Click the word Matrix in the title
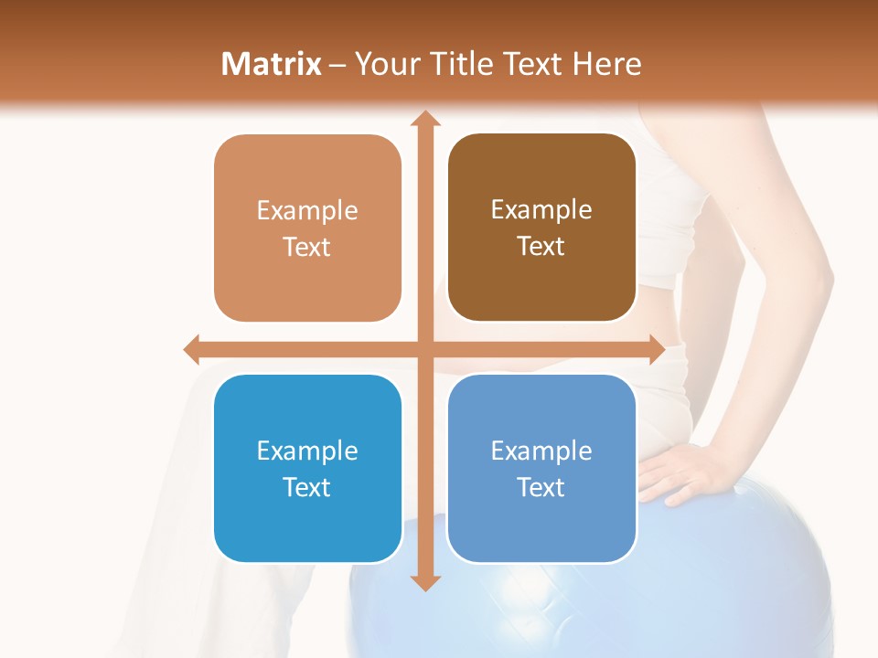coord(271,64)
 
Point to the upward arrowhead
coord(425,120)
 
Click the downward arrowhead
coord(425,582)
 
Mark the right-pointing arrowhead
coord(656,349)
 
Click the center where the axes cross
coord(425,349)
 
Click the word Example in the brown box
coord(541,209)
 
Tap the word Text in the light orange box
coord(306,247)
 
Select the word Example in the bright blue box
coord(307,451)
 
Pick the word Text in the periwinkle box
coord(541,487)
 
